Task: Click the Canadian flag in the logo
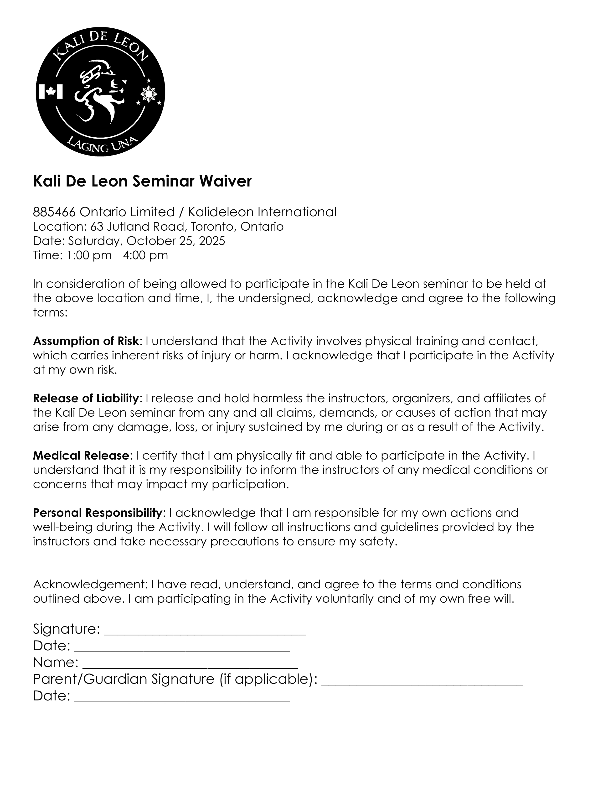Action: coord(50,92)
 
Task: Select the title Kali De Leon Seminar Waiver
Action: coord(142,181)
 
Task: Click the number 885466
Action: coord(54,212)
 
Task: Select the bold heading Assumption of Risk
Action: coord(86,341)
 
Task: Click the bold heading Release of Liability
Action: coord(86,398)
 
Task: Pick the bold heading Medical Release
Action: coord(81,456)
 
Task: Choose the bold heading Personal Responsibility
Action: coord(97,513)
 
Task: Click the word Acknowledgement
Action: coord(90,584)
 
